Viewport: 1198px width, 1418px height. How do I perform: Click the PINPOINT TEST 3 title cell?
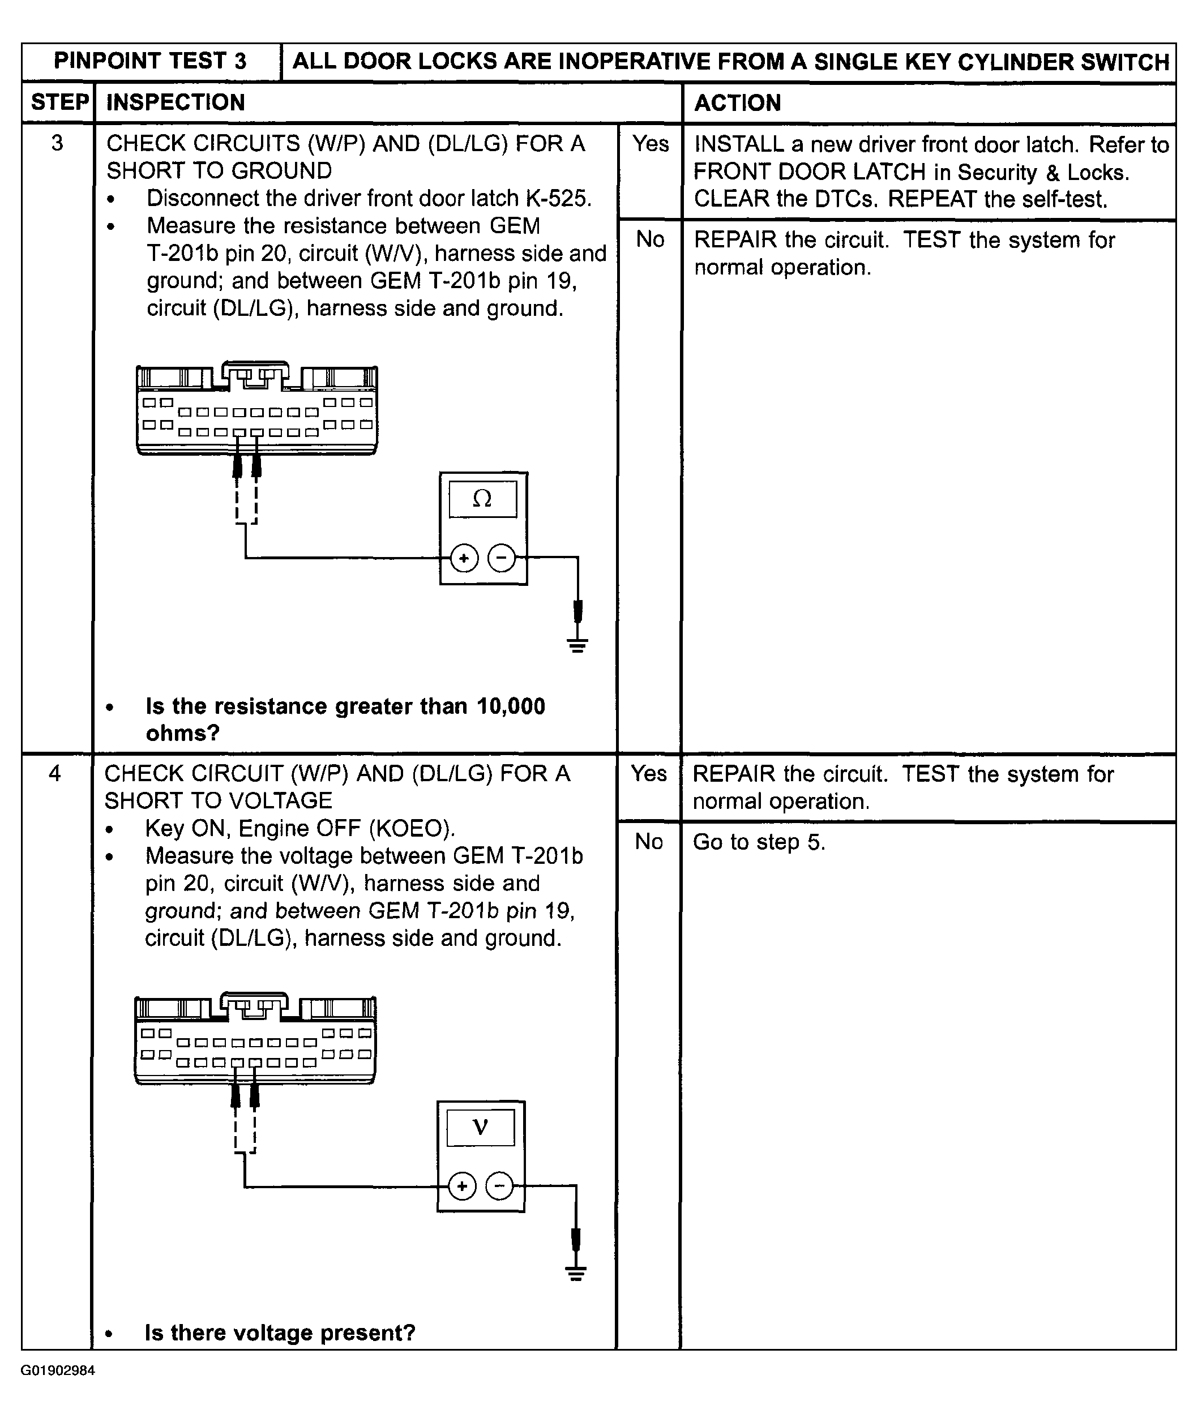150,61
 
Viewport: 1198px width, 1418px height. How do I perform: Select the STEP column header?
59,102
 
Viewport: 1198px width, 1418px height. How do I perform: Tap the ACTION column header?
738,103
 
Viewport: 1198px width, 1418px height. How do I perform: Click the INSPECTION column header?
175,102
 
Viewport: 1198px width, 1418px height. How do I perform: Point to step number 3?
58,143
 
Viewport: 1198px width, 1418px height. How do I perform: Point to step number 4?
55,773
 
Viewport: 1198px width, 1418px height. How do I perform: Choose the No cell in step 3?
650,239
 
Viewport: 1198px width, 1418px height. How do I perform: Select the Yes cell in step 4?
649,773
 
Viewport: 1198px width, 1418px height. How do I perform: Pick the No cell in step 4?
649,842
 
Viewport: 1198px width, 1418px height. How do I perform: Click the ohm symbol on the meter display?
482,499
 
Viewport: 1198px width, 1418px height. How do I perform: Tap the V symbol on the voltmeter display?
480,1128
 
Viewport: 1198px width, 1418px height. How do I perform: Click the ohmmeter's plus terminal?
464,559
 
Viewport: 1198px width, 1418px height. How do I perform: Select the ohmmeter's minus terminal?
502,558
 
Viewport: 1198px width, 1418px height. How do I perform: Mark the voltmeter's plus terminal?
463,1186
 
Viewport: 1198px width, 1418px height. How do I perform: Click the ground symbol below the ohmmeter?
578,645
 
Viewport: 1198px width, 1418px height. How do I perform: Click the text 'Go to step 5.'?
759,842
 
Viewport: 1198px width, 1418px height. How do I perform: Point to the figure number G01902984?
58,1370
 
